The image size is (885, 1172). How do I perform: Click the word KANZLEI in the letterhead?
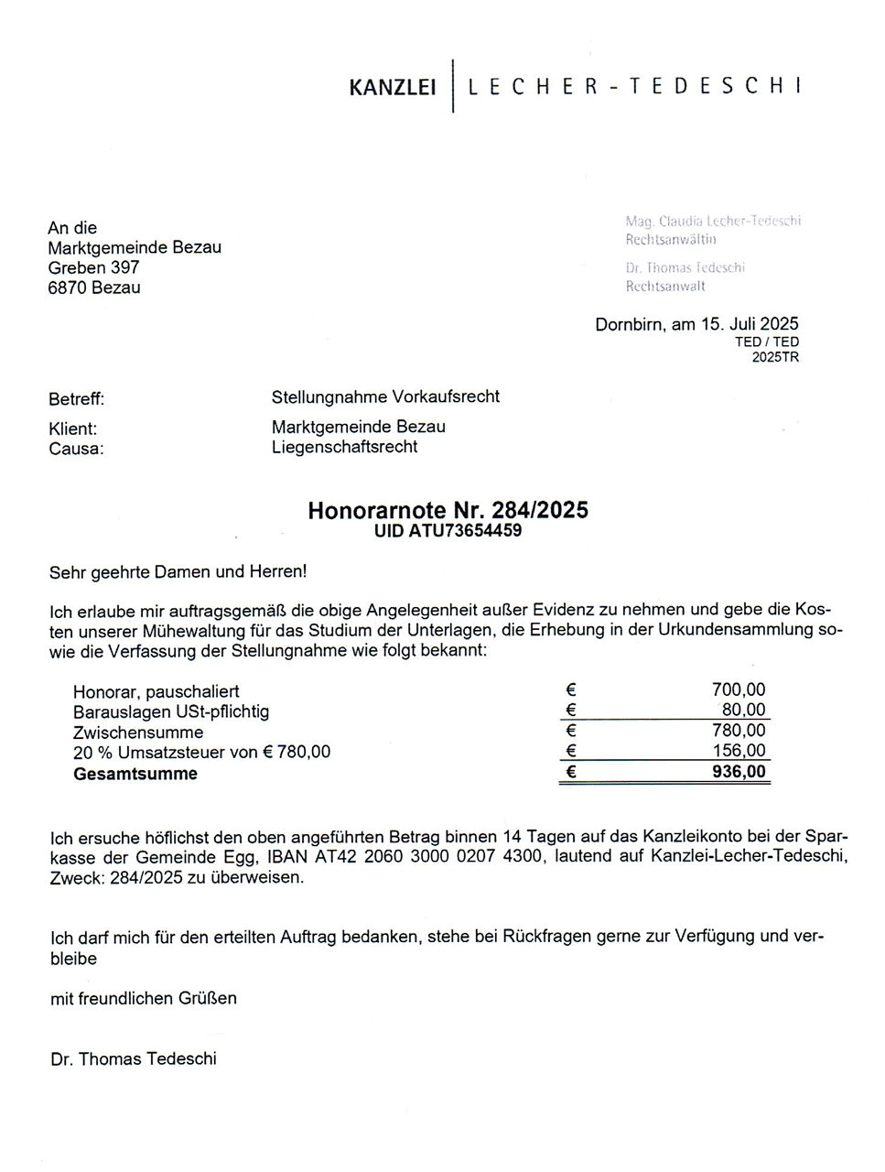393,88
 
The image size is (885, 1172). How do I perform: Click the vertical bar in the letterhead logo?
453,86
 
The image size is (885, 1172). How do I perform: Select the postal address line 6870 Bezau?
94,288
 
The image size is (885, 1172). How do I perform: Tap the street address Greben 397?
93,267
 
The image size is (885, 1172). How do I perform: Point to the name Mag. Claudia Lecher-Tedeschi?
713,221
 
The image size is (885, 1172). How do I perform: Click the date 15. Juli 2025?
750,323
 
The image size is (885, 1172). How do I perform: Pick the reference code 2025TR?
775,357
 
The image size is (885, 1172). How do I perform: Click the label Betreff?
76,399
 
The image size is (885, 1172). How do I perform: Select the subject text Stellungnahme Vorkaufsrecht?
385,396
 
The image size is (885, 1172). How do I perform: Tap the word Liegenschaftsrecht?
344,447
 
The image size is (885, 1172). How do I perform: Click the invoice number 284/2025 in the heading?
540,510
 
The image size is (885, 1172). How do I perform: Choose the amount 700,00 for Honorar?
739,689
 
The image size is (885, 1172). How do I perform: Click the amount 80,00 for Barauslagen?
743,710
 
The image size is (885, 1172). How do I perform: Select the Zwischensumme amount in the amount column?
739,731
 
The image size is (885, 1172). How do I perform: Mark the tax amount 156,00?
739,751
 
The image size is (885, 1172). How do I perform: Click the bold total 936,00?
739,772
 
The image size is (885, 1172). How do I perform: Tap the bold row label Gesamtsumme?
135,774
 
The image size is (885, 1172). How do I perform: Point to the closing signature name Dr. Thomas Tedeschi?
134,1058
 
